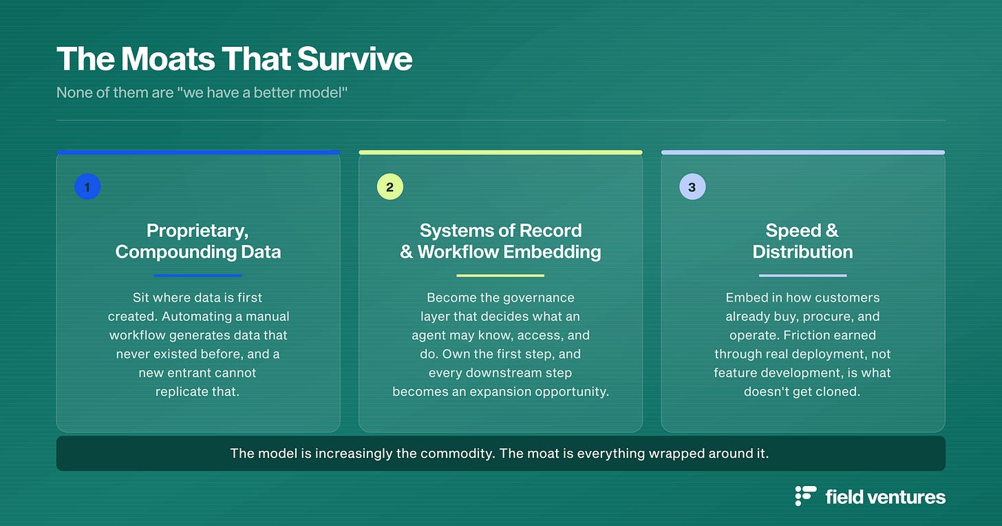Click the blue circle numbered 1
87,187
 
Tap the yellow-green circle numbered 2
390,187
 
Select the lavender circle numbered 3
692,187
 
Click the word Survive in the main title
354,59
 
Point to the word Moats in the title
168,59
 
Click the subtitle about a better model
202,93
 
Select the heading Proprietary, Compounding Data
198,241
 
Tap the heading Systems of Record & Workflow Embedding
500,241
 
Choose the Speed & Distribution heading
802,241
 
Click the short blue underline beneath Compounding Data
198,275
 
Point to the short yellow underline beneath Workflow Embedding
500,275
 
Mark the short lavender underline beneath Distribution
802,275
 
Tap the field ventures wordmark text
885,497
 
